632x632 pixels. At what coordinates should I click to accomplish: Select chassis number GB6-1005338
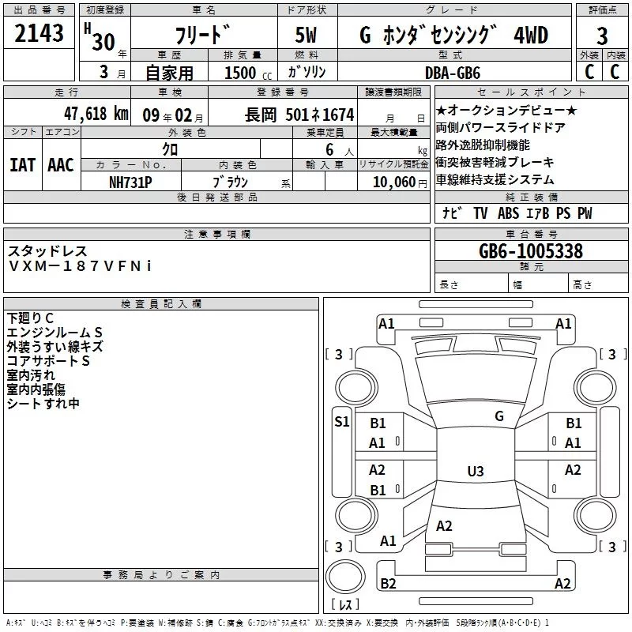(x=531, y=251)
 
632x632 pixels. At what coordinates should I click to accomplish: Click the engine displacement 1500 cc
(x=242, y=73)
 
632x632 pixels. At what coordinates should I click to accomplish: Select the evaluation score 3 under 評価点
(x=602, y=35)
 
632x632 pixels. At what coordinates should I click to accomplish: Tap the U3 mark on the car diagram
(x=475, y=472)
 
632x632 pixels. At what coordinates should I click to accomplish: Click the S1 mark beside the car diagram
(x=341, y=421)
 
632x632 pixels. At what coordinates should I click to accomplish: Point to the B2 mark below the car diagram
(x=388, y=583)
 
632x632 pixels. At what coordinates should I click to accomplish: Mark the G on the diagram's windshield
(x=498, y=416)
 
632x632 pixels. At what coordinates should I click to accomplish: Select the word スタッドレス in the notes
(x=48, y=251)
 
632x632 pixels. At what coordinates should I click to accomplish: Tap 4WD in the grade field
(x=531, y=35)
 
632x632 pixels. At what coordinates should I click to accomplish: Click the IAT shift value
(x=22, y=165)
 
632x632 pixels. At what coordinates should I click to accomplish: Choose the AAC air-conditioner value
(x=60, y=165)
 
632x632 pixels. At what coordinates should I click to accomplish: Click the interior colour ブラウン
(x=231, y=181)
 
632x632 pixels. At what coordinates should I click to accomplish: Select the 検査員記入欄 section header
(x=161, y=303)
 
